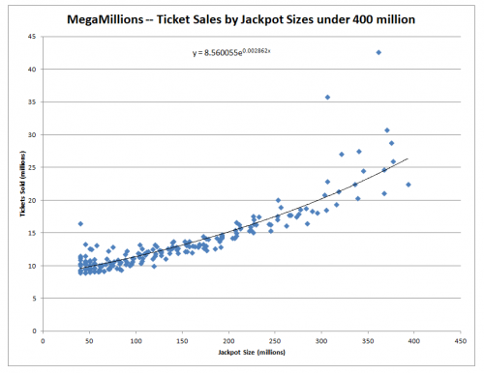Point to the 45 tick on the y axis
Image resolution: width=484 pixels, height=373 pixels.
coord(33,37)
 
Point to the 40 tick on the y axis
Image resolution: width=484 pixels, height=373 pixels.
coord(33,70)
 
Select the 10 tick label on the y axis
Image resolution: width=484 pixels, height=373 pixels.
coord(33,266)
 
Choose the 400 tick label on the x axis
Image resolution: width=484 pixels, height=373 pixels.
coord(414,341)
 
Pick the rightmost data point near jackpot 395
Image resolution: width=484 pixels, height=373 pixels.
coord(408,185)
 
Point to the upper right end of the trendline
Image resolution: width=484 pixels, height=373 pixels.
coord(408,158)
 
